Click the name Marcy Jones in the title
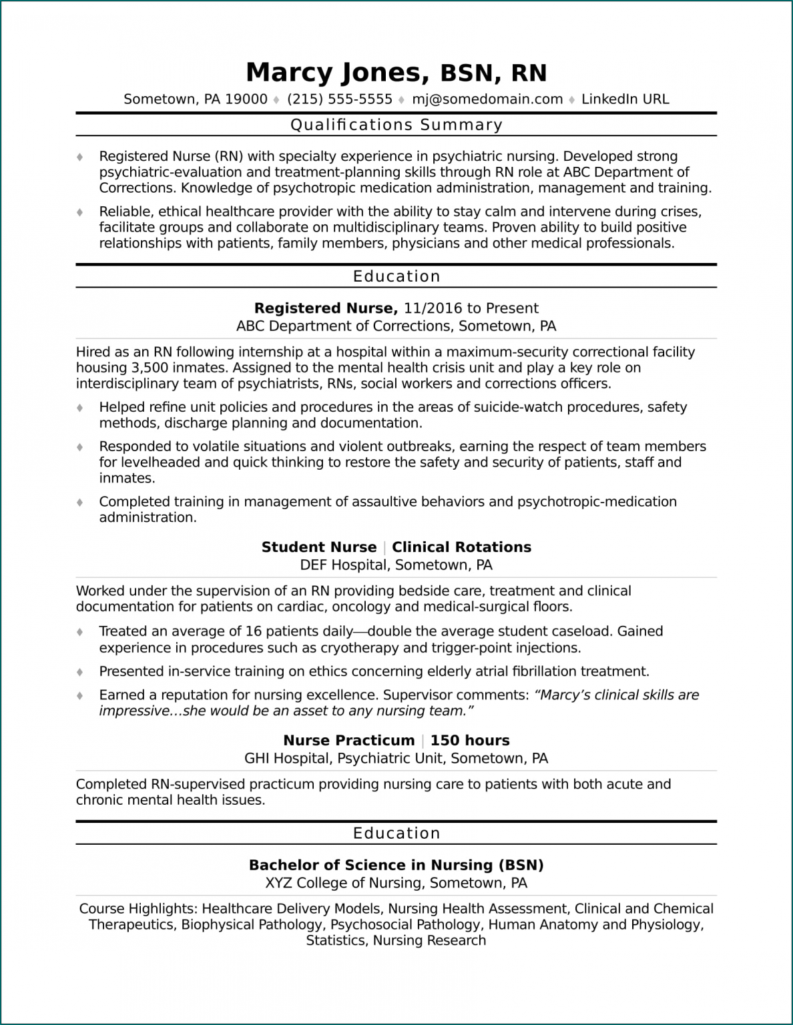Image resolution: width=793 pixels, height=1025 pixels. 333,72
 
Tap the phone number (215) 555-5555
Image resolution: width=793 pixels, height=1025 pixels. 340,99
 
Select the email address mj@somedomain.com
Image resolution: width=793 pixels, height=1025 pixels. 487,99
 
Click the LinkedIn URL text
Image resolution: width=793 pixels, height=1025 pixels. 625,99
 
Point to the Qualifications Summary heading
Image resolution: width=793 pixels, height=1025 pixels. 396,125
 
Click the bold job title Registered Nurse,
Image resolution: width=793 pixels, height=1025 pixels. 326,308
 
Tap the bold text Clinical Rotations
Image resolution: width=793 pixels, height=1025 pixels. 461,547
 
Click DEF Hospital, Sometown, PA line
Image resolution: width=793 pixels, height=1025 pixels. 396,565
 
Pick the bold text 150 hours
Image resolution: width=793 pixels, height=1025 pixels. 470,741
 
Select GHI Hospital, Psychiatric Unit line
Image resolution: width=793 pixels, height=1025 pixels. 396,759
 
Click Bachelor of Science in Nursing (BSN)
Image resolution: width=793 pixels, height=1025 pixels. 396,866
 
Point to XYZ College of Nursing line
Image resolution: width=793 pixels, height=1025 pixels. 396,884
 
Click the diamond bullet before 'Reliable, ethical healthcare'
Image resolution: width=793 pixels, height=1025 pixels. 80,212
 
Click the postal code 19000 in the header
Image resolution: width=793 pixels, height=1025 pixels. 246,99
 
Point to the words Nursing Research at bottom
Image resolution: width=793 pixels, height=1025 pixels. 429,941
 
